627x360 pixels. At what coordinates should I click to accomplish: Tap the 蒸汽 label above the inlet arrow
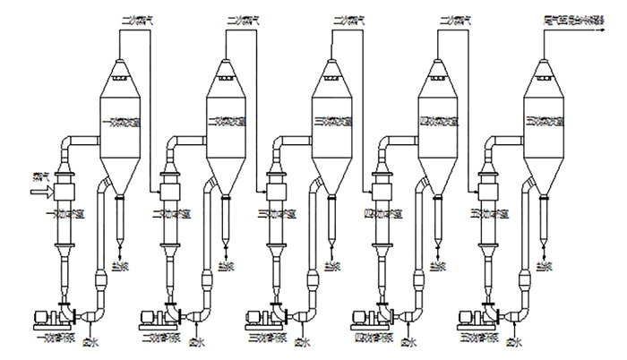39,176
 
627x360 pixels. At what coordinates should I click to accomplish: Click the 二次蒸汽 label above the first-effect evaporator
137,17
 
